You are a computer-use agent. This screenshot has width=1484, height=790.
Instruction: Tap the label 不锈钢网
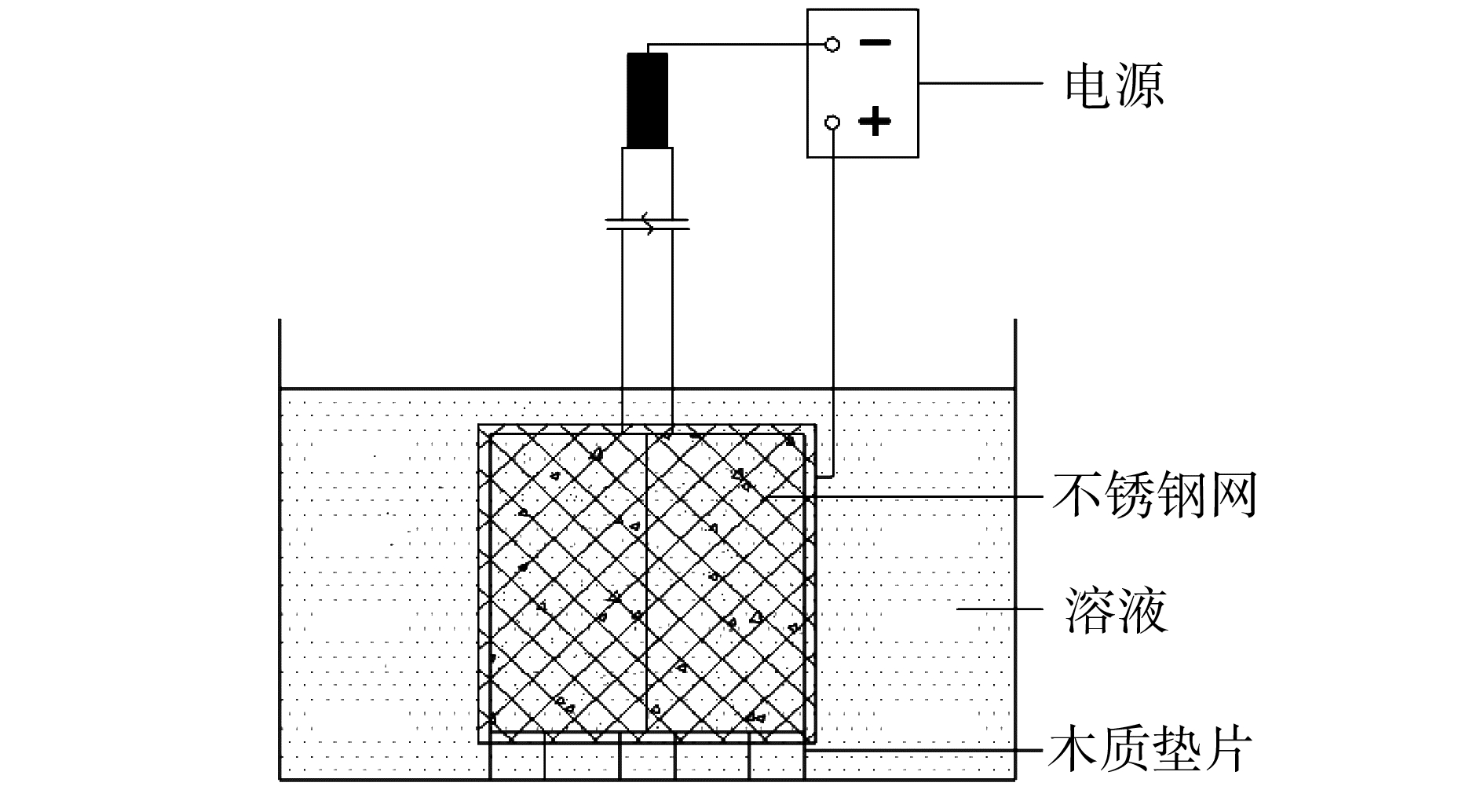pyautogui.click(x=1154, y=495)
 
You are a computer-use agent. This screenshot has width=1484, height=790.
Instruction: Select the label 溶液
pyautogui.click(x=1116, y=610)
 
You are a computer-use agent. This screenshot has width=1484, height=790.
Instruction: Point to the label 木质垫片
pyautogui.click(x=1149, y=750)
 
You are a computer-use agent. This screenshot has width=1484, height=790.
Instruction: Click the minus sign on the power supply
pyautogui.click(x=875, y=42)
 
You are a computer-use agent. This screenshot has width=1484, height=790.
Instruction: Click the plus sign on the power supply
pyautogui.click(x=875, y=122)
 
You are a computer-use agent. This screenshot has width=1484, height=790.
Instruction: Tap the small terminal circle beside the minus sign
pyautogui.click(x=832, y=44)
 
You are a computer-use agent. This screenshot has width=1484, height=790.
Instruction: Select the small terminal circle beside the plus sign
pyautogui.click(x=832, y=123)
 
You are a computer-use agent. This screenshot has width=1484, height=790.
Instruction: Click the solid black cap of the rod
pyautogui.click(x=647, y=100)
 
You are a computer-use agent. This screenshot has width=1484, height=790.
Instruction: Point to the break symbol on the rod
pyautogui.click(x=647, y=225)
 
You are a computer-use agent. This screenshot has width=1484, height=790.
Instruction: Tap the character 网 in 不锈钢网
pyautogui.click(x=1232, y=495)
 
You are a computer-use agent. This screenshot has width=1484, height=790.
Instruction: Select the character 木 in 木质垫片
pyautogui.click(x=1075, y=750)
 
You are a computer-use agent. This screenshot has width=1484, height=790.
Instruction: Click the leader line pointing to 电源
pyautogui.click(x=981, y=82)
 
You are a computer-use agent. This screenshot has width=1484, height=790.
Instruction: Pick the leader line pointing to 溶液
pyautogui.click(x=1005, y=609)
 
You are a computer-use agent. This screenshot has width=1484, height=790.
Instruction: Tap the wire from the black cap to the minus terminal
pyautogui.click(x=738, y=44)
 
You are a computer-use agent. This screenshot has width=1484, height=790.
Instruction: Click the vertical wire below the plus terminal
pyautogui.click(x=833, y=314)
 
